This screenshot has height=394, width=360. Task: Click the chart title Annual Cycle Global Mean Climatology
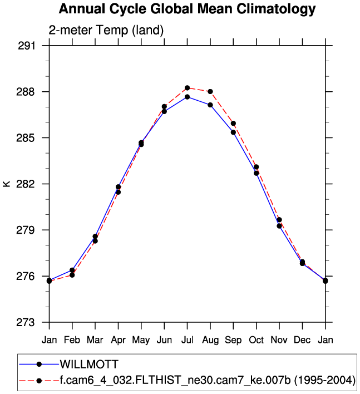tap(187, 9)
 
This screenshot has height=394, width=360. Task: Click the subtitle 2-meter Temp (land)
tap(106, 31)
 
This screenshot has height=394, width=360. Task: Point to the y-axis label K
tap(7, 184)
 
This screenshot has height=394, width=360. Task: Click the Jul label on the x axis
tap(188, 339)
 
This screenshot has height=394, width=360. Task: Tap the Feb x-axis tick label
tap(72, 339)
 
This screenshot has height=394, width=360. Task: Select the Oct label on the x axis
tap(257, 339)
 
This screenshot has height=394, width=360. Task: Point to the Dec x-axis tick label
tap(303, 339)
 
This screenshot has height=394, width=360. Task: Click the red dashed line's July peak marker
tap(188, 88)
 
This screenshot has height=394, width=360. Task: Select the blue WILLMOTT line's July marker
tap(188, 97)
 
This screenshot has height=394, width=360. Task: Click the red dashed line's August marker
tap(210, 91)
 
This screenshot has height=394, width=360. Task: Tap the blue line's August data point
tap(210, 105)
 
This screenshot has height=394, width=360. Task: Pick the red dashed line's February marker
tap(72, 275)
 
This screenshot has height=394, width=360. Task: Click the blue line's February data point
tap(72, 270)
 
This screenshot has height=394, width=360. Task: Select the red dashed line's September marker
tap(233, 123)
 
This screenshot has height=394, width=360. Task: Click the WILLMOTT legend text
tap(89, 365)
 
